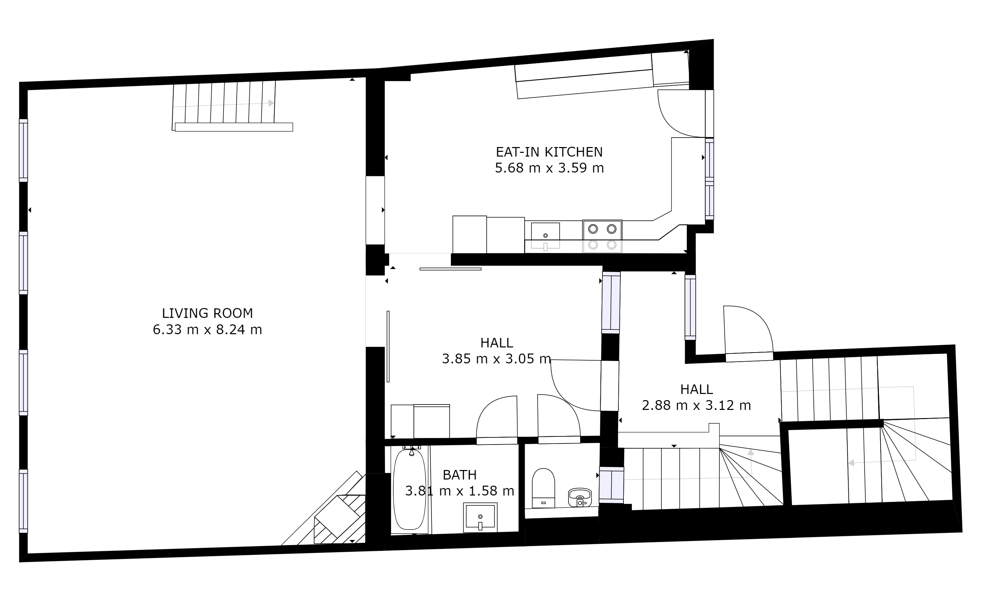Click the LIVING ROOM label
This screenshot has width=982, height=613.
pyautogui.click(x=207, y=313)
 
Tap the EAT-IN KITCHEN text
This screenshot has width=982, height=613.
pyautogui.click(x=549, y=152)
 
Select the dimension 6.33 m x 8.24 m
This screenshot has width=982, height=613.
pyautogui.click(x=207, y=330)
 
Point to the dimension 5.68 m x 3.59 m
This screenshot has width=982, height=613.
pyautogui.click(x=549, y=168)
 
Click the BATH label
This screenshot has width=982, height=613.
pyautogui.click(x=460, y=475)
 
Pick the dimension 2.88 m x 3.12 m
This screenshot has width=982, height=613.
pyautogui.click(x=696, y=405)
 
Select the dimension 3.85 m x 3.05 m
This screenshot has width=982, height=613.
pyautogui.click(x=497, y=359)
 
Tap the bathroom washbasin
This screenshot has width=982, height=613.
pyautogui.click(x=480, y=518)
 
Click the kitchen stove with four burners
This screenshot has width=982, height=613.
pyautogui.click(x=602, y=236)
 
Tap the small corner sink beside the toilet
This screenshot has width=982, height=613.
pyautogui.click(x=580, y=498)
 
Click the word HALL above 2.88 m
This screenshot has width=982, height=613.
pyautogui.click(x=696, y=390)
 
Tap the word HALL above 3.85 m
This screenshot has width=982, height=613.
pyautogui.click(x=497, y=343)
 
